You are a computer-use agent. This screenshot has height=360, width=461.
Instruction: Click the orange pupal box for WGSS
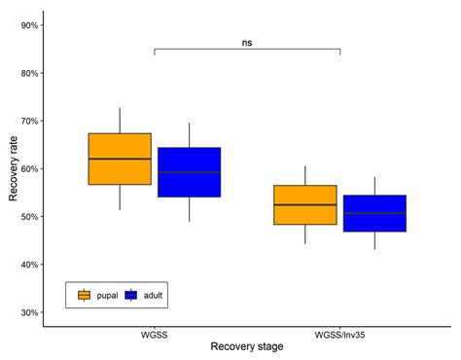(120, 159)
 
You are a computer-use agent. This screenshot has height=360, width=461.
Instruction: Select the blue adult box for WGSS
(190, 172)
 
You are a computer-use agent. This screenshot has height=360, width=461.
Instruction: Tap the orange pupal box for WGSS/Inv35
(305, 204)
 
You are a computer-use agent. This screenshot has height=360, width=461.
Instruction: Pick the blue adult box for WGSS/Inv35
(374, 213)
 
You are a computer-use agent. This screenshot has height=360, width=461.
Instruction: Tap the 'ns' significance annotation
(247, 42)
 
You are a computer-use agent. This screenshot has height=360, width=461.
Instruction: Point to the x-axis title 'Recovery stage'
(247, 347)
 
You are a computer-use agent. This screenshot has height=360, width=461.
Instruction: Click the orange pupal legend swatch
(85, 295)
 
